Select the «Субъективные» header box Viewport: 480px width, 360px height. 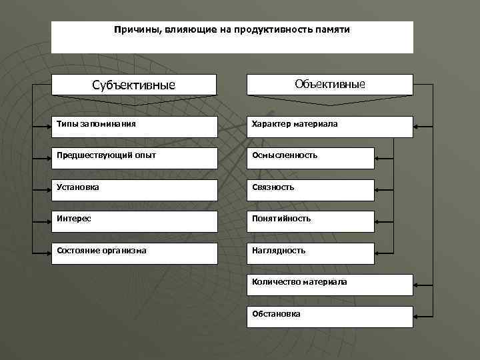[134, 85]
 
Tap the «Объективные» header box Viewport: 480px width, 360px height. [330, 85]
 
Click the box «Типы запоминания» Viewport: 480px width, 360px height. [134, 125]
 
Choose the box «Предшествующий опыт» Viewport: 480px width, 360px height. [134, 156]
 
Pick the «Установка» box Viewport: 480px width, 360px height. [134, 188]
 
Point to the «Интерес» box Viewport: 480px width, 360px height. [134, 219]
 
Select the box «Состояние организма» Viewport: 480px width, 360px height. [134, 251]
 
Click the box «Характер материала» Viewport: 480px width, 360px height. [330, 125]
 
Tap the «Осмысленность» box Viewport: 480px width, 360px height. [311, 156]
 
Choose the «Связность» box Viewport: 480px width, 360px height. [311, 188]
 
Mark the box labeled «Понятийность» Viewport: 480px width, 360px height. [311, 219]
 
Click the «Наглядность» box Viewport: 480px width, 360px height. [311, 251]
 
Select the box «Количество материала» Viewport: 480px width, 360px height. [330, 283]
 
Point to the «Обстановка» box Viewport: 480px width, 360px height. [330, 315]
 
